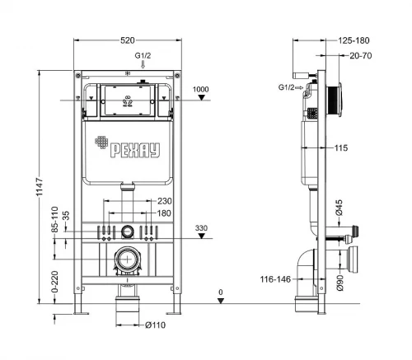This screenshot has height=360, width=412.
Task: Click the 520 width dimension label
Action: point(128,40)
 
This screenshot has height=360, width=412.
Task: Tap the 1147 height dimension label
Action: point(40,187)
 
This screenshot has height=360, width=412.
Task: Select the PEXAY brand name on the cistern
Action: point(135,150)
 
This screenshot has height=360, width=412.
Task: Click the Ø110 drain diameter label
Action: point(156,325)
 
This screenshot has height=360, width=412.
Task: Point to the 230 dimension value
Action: point(165,201)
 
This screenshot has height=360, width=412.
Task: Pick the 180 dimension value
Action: point(164,213)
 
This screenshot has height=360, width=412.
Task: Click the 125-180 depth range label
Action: point(353,40)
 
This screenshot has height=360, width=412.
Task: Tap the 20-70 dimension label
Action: point(361,56)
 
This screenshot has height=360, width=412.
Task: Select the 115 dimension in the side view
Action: point(341,148)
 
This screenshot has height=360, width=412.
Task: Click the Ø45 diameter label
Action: point(339,208)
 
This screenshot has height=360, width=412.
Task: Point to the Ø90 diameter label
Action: point(339,283)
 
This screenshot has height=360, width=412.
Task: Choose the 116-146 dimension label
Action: point(275,279)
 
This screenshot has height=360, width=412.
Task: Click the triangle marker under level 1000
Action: point(202,97)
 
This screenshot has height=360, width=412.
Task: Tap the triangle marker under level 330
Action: point(202,236)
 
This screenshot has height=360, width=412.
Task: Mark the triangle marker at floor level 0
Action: point(221,301)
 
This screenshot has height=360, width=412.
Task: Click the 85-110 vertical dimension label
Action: point(55,219)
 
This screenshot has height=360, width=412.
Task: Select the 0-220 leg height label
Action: point(55,282)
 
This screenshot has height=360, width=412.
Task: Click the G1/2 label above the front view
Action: point(143,56)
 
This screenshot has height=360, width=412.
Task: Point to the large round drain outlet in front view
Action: point(128,259)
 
